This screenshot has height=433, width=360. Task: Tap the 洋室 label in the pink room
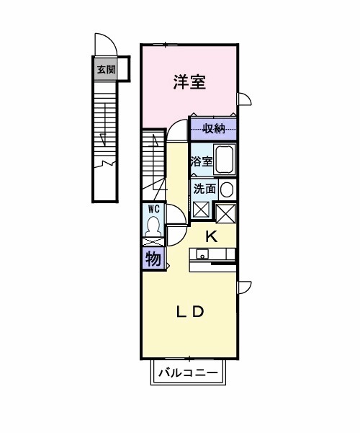click(x=189, y=82)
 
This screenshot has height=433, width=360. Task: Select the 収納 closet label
click(x=214, y=129)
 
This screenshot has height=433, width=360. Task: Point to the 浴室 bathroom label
click(x=201, y=161)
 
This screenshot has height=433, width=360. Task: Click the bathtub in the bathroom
click(x=225, y=160)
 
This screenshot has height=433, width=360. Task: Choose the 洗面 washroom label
click(x=204, y=189)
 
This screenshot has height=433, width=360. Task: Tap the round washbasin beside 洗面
click(x=227, y=189)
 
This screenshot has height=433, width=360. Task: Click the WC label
click(x=153, y=208)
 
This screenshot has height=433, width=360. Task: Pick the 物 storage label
click(x=153, y=259)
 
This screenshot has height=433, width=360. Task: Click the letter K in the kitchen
click(x=212, y=236)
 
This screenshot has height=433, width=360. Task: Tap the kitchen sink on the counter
click(x=202, y=254)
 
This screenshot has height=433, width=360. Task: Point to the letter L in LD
click(x=183, y=312)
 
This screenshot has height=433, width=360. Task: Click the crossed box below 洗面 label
click(x=202, y=210)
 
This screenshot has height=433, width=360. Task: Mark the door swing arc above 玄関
click(x=104, y=44)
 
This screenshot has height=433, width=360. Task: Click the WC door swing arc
click(x=177, y=213)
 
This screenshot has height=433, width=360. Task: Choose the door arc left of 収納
click(x=176, y=127)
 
